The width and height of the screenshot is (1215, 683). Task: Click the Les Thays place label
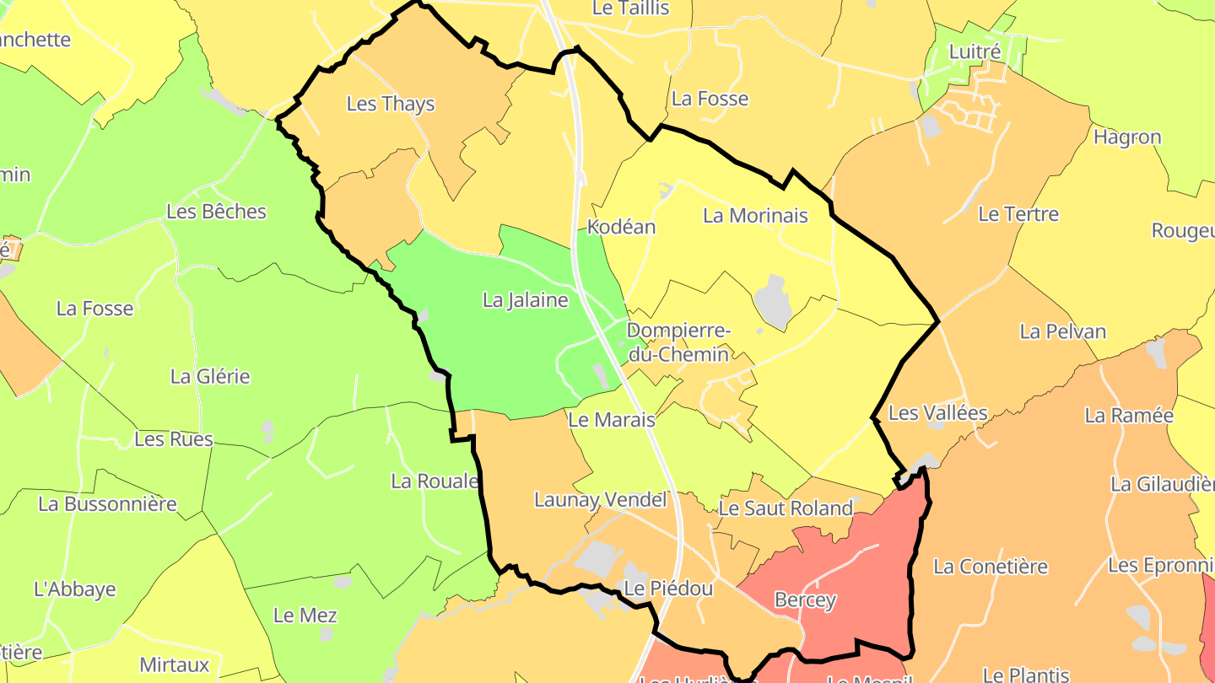[x=391, y=104]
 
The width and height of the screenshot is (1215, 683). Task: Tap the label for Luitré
[x=975, y=51]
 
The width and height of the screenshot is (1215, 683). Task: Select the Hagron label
[x=1127, y=137]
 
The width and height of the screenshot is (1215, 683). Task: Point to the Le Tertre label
[x=1018, y=214]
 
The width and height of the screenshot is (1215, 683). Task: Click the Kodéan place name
[x=621, y=227]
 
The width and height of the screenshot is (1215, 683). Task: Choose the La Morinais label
[x=755, y=216]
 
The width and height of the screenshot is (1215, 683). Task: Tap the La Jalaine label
[x=525, y=299]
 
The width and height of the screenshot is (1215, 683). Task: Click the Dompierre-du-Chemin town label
[x=678, y=342]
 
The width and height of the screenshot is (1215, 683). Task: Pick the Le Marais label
[x=612, y=419]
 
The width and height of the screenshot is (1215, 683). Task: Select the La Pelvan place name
[x=1062, y=331]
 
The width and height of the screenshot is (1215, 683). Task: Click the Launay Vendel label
[x=600, y=500]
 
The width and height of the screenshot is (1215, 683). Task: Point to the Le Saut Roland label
[x=786, y=508]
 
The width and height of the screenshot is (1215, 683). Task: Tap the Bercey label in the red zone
[x=805, y=600]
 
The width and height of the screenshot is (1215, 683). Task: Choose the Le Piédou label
[x=668, y=589]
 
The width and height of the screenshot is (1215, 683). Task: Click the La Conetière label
[x=990, y=567]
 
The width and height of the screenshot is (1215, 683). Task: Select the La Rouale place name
[x=435, y=481]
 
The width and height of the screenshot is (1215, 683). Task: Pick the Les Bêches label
[x=216, y=212]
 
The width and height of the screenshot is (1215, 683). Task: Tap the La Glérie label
[x=210, y=376]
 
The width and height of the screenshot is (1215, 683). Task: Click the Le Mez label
[x=305, y=616]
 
